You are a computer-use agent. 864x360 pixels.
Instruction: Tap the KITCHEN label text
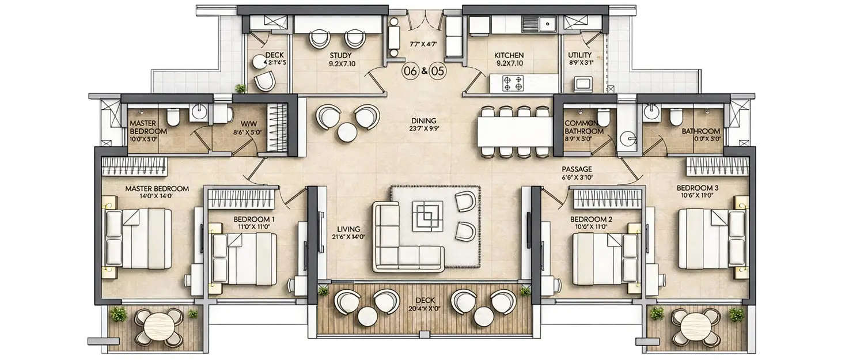point(509,55)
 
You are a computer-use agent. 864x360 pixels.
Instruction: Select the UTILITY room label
point(580,55)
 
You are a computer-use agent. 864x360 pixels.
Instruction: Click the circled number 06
point(411,72)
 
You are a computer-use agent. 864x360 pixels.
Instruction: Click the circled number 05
point(437,72)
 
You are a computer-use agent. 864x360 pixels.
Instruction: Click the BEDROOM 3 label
point(696,187)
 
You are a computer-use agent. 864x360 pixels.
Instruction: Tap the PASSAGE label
point(577,169)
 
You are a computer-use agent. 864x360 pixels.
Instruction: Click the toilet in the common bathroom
point(602,117)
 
